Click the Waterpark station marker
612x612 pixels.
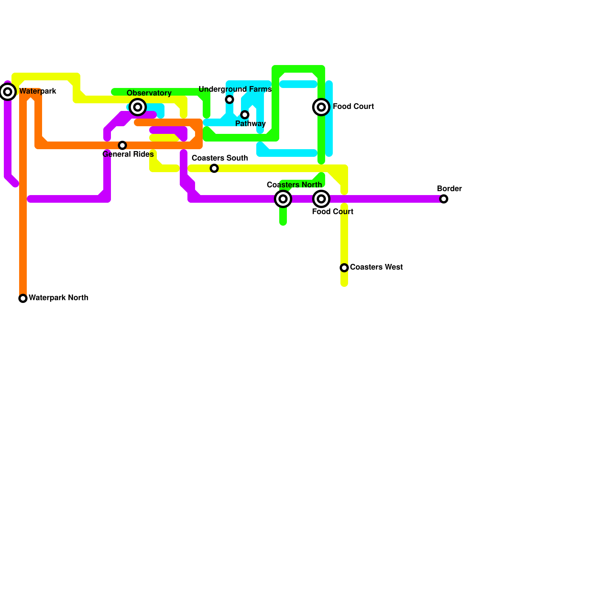click(8, 92)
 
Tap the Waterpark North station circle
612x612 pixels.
click(23, 298)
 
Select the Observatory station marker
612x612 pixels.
click(138, 107)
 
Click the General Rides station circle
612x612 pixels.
click(122, 145)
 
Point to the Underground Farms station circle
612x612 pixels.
click(229, 99)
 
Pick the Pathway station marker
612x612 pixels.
click(245, 115)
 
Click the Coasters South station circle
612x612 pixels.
click(214, 168)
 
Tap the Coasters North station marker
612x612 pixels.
click(283, 199)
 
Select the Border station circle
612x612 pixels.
click(444, 199)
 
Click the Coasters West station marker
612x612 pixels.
click(344, 268)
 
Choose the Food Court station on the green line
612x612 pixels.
click(321, 107)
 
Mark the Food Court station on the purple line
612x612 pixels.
click(321, 199)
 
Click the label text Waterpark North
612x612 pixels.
click(59, 298)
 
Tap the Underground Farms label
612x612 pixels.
click(235, 89)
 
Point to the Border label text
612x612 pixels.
click(449, 189)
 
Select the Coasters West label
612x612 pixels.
click(376, 267)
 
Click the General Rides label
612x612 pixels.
click(128, 154)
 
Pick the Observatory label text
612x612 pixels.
click(149, 93)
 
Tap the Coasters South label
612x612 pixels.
click(220, 158)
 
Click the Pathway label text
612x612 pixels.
click(250, 124)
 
